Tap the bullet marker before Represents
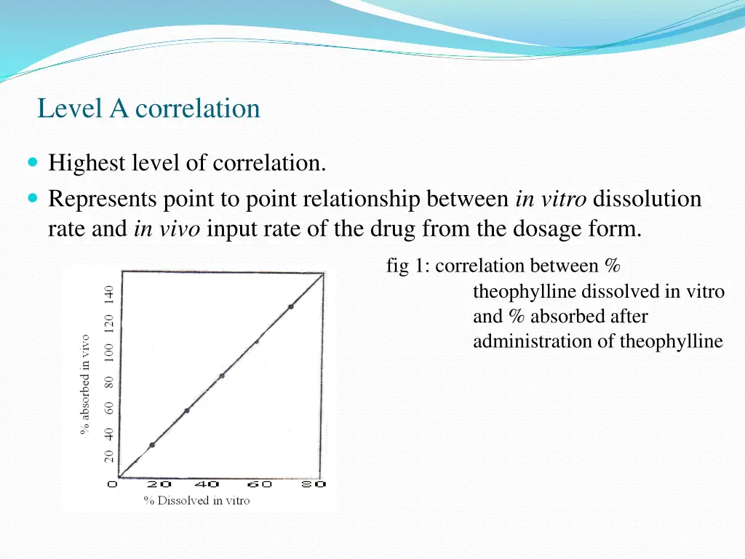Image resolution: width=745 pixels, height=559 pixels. tap(34, 198)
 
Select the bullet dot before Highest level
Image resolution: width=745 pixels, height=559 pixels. tap(34, 163)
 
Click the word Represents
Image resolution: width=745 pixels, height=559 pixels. tap(103, 198)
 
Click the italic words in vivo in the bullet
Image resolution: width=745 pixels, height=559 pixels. tap(167, 229)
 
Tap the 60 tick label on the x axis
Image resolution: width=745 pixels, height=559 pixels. tap(259, 484)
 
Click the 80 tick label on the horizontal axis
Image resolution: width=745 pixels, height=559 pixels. tap(314, 484)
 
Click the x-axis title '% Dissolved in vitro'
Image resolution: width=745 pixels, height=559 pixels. tap(196, 501)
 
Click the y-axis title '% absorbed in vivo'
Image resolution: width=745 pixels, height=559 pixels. tap(85, 384)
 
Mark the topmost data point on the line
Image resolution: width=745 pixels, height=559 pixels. tap(291, 306)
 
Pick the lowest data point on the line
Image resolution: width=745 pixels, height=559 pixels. tap(152, 445)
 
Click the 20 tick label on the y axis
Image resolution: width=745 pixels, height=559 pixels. tap(109, 456)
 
